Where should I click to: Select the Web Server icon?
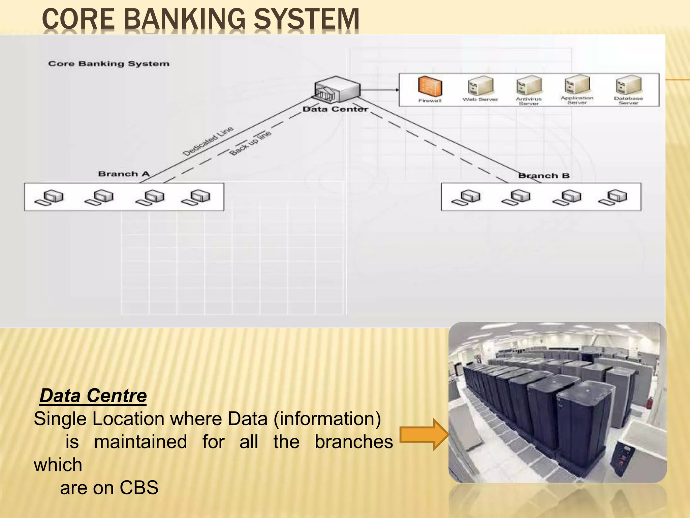point(480,86)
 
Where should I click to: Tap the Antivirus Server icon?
point(529,85)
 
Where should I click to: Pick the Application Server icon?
point(577,84)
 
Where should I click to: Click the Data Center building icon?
point(337,89)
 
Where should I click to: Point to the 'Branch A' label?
point(124,174)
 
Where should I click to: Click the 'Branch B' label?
point(544,176)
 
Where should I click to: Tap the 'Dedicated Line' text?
point(208,141)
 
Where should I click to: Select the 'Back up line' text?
point(250,143)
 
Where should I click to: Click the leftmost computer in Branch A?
point(49,198)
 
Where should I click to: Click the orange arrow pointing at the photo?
point(424,435)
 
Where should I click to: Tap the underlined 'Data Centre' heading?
point(93,396)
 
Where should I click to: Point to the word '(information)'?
point(327,419)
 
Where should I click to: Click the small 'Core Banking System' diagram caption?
point(108,64)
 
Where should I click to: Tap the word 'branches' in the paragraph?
point(354,442)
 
